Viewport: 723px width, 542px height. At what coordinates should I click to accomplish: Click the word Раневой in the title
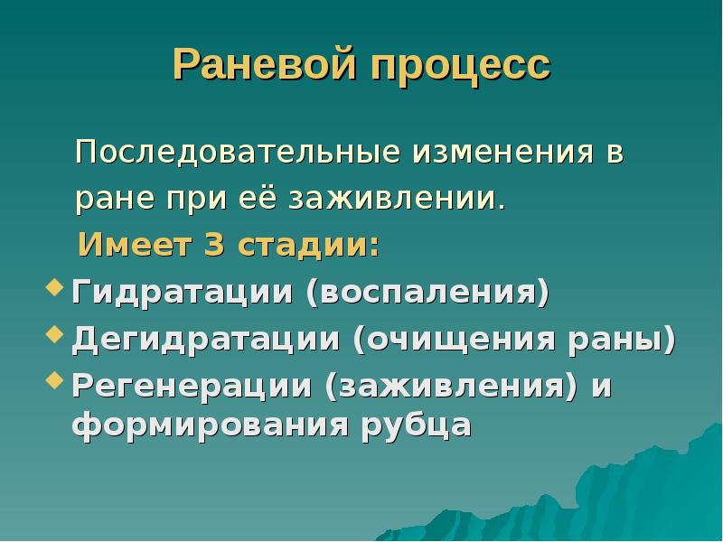point(263,65)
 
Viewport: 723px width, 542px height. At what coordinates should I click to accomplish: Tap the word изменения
point(496,152)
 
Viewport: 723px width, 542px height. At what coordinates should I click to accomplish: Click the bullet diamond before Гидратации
point(53,289)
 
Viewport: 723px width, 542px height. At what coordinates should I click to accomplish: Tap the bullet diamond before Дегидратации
point(53,336)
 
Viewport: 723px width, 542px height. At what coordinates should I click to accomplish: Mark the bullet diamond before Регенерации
point(53,382)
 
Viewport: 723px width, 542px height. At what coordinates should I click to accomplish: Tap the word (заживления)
point(453,387)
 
